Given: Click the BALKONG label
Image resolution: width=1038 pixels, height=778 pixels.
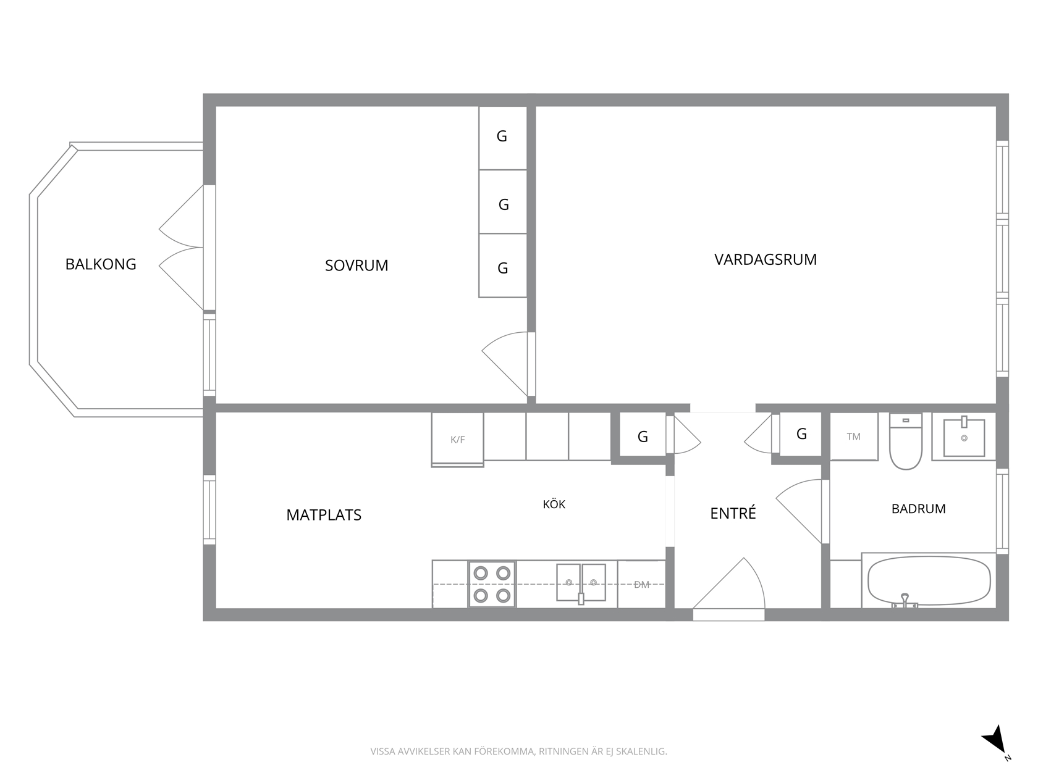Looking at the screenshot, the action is (x=101, y=264).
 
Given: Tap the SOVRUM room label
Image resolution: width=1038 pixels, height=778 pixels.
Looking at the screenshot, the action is (x=357, y=266).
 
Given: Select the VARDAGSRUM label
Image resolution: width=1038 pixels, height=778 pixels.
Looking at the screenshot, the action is (x=766, y=259).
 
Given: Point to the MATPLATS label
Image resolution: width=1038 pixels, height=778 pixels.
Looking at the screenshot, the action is (x=324, y=515).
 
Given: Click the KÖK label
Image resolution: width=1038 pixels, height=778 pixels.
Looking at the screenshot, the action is (x=554, y=504).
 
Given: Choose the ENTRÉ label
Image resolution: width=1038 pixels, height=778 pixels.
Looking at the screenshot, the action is (x=733, y=513).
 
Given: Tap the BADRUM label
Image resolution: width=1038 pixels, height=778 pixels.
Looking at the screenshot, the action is (x=918, y=509).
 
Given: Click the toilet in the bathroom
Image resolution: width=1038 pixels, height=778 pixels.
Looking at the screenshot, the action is (x=906, y=441).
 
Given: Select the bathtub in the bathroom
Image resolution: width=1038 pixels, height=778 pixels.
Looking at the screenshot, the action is (x=929, y=581).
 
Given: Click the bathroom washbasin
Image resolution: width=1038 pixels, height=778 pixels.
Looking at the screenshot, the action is (x=964, y=437).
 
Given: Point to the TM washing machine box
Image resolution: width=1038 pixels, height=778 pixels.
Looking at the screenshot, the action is (x=854, y=437).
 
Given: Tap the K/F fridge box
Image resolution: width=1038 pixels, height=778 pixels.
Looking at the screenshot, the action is (x=457, y=440).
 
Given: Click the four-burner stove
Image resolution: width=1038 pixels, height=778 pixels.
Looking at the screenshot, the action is (x=492, y=584).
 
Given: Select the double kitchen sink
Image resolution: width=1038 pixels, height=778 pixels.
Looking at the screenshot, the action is (x=581, y=583).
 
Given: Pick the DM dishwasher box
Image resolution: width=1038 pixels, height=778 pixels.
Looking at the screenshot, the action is (x=641, y=584).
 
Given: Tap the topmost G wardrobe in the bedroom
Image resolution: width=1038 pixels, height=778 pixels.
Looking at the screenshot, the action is (x=503, y=138).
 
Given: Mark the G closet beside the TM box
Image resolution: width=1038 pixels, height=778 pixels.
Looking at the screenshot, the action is (x=801, y=434).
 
